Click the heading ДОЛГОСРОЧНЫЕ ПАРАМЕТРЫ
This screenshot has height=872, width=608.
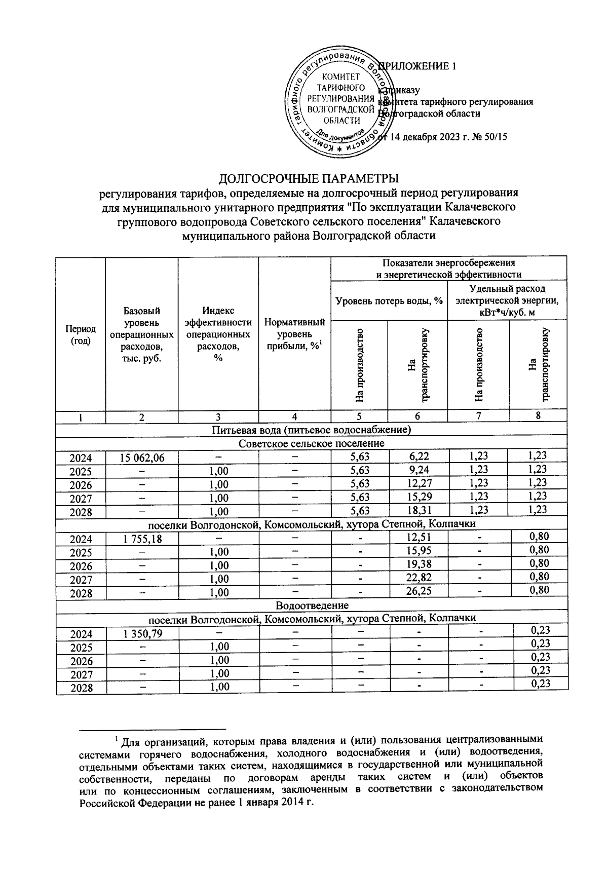pos(309,179)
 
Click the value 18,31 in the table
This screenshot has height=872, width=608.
pos(418,510)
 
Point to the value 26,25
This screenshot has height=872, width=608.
pos(418,591)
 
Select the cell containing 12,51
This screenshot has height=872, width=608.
pos(418,538)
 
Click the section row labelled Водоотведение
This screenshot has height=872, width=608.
pos(312,605)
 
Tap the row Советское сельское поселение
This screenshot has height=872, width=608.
pos(312,443)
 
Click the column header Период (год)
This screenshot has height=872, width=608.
pos(81,335)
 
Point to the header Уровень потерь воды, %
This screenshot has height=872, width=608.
pos(389,301)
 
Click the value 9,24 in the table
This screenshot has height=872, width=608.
pos(418,470)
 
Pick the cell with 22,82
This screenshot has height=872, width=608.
pos(418,577)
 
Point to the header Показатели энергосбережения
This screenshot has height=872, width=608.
pos(448,263)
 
